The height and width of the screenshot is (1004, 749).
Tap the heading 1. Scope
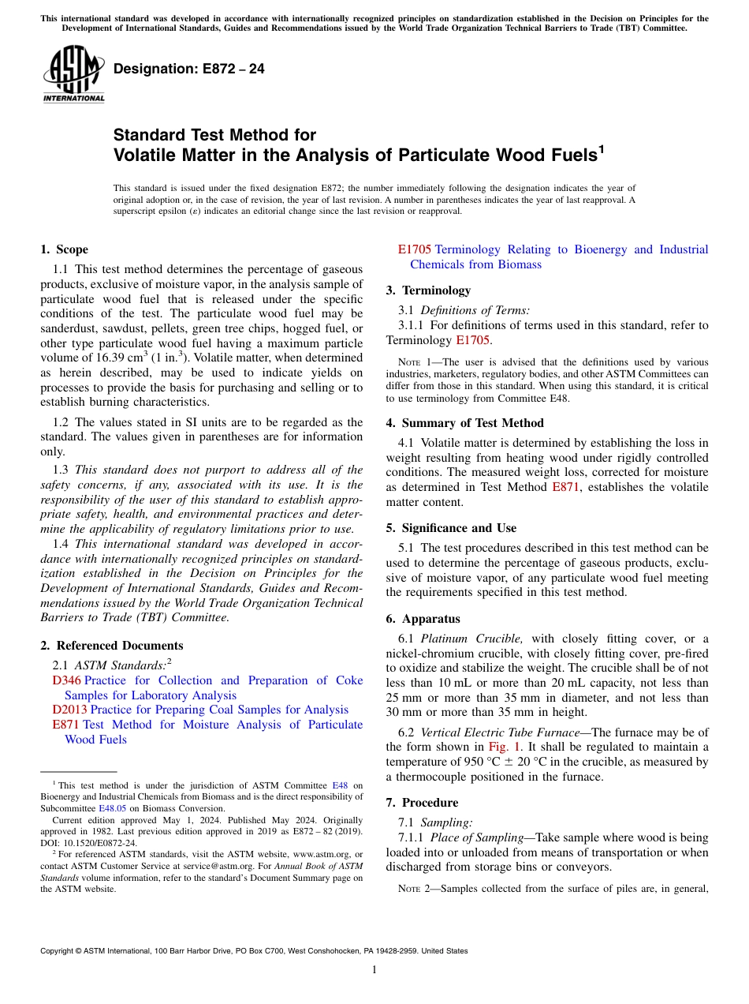(64, 249)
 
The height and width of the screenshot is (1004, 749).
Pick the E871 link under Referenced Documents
(66, 725)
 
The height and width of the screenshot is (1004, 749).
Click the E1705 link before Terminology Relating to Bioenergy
(415, 249)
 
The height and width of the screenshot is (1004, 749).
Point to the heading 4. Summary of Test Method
(464, 423)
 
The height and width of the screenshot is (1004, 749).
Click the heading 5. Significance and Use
(451, 528)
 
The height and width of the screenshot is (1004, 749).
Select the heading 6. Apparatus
(423, 619)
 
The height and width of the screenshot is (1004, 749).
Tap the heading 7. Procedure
(422, 803)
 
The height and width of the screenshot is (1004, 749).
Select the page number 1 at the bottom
(374, 970)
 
